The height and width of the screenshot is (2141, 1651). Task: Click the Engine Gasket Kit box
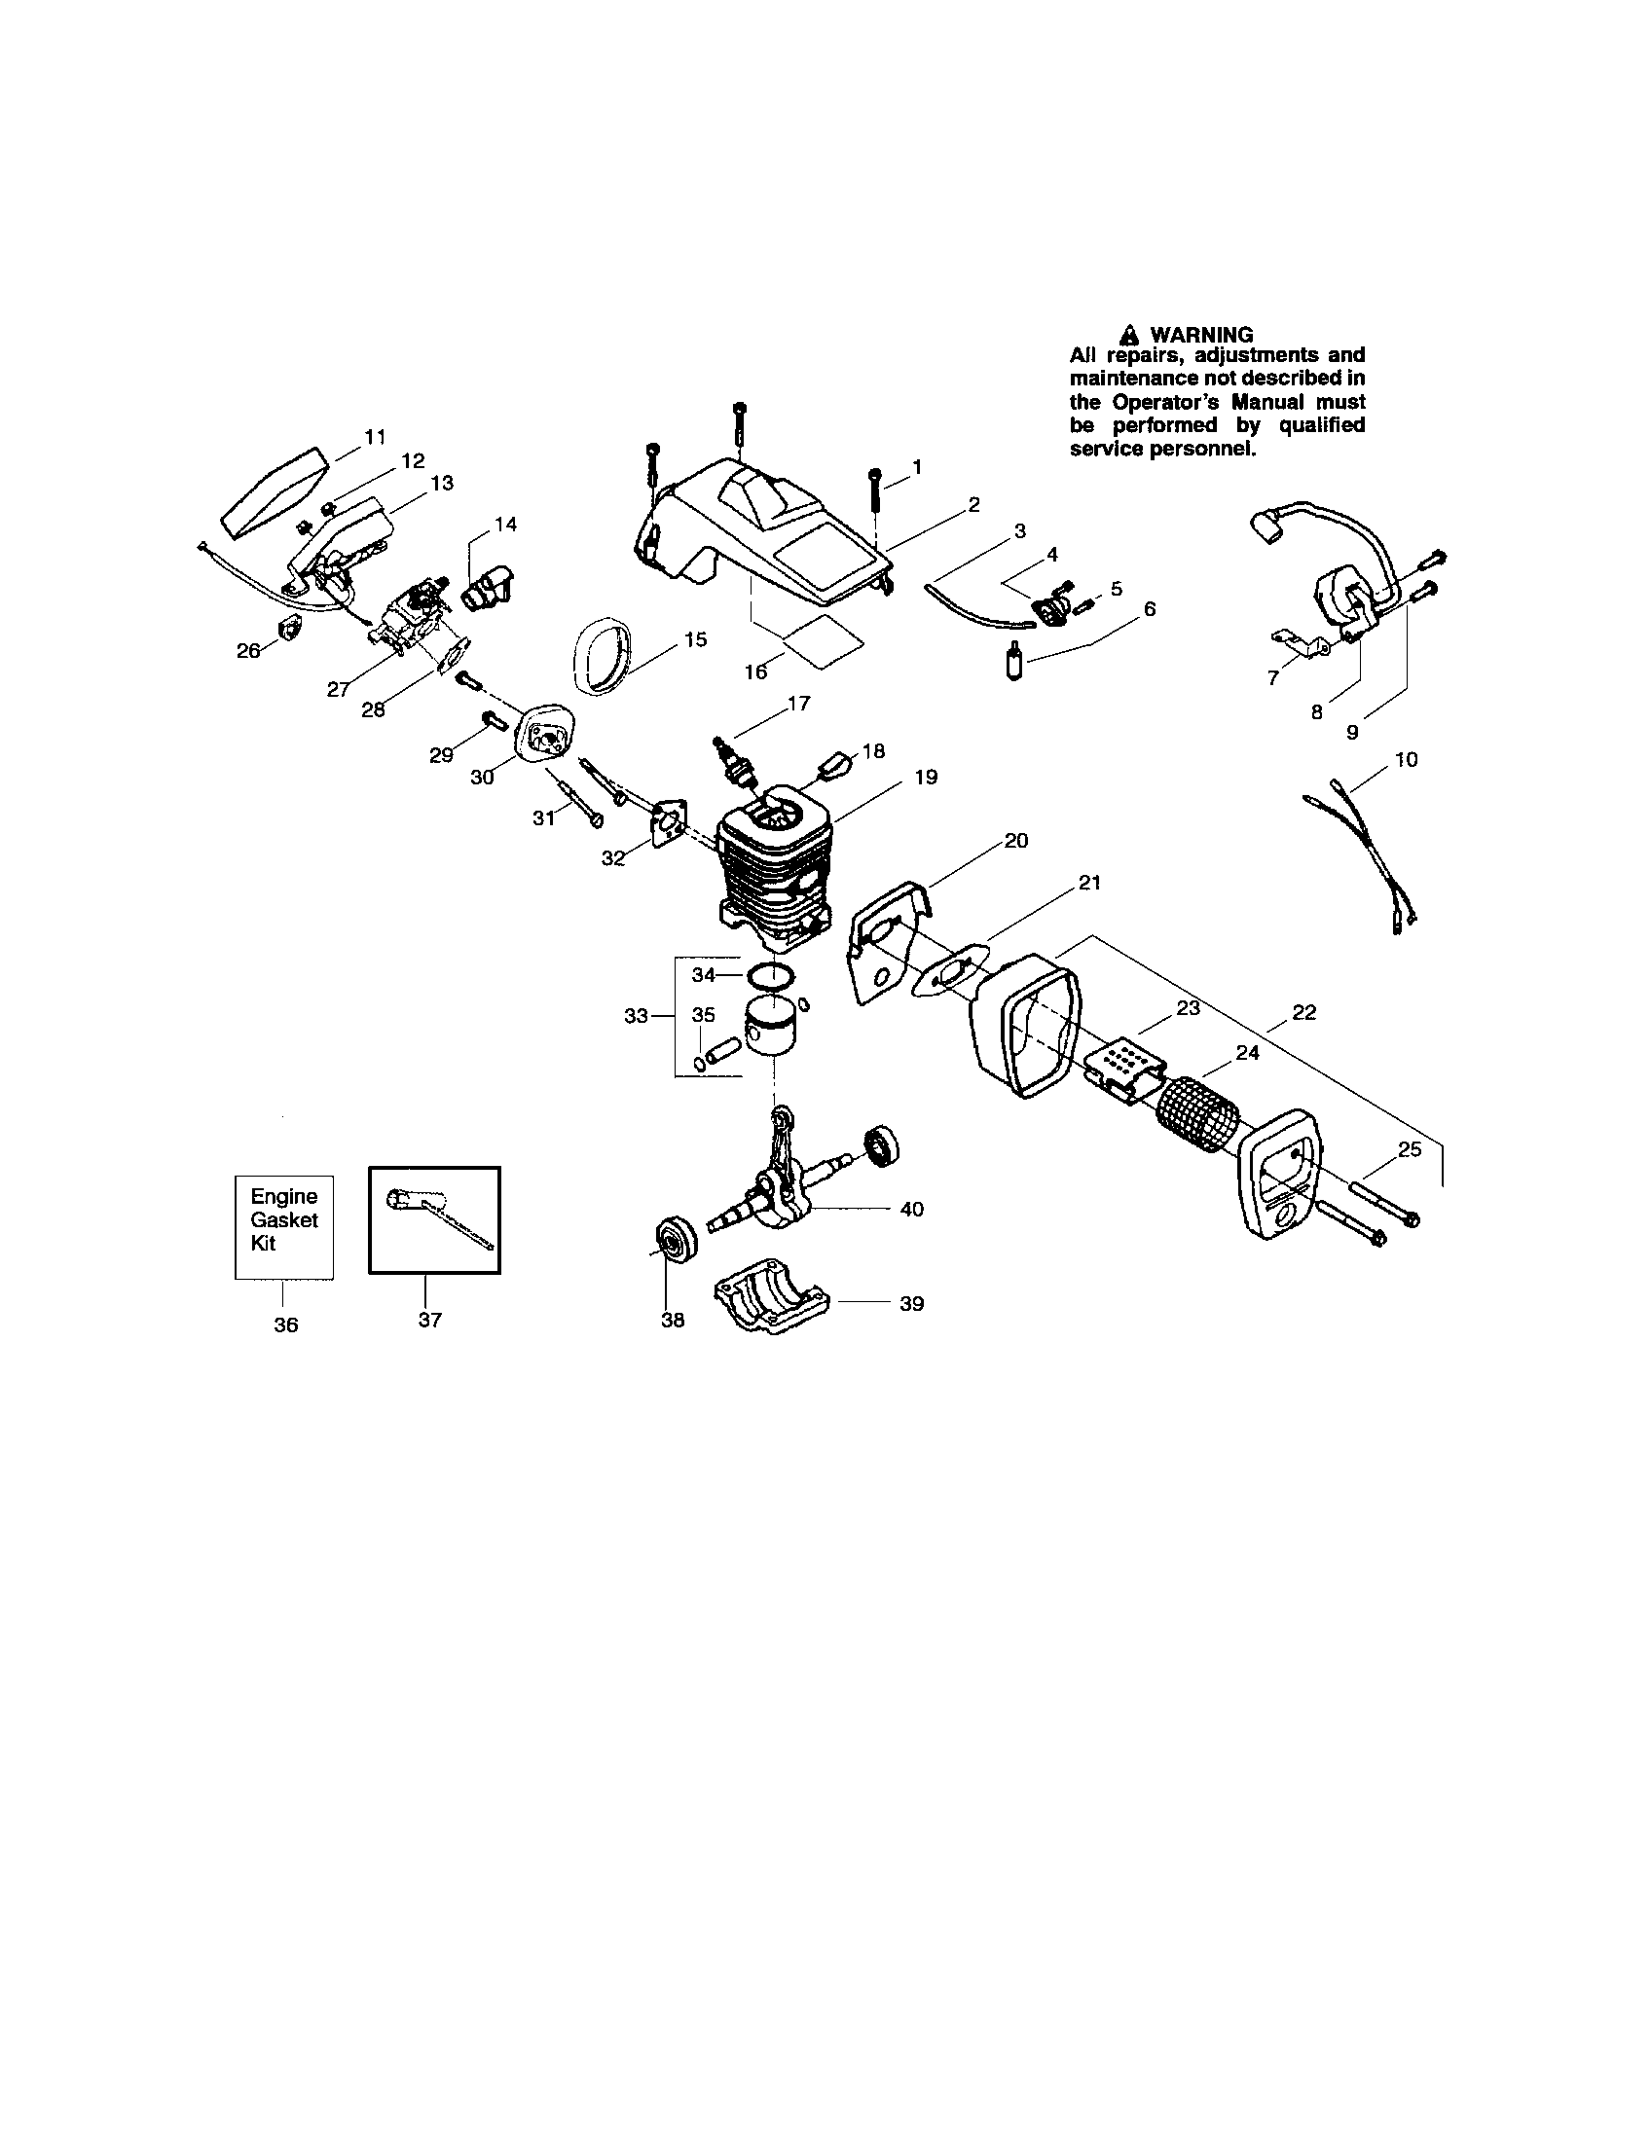tap(283, 1226)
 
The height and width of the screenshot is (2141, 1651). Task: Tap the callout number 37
tap(429, 1321)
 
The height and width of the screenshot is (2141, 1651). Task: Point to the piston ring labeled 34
tap(770, 974)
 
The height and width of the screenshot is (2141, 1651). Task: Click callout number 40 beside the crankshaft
tap(911, 1209)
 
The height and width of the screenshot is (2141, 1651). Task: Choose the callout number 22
tap(1302, 1013)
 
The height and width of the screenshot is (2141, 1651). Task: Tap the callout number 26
tap(248, 650)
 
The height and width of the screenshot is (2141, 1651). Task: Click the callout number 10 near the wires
tap(1405, 759)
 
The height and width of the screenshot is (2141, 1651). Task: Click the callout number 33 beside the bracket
tap(637, 1016)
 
